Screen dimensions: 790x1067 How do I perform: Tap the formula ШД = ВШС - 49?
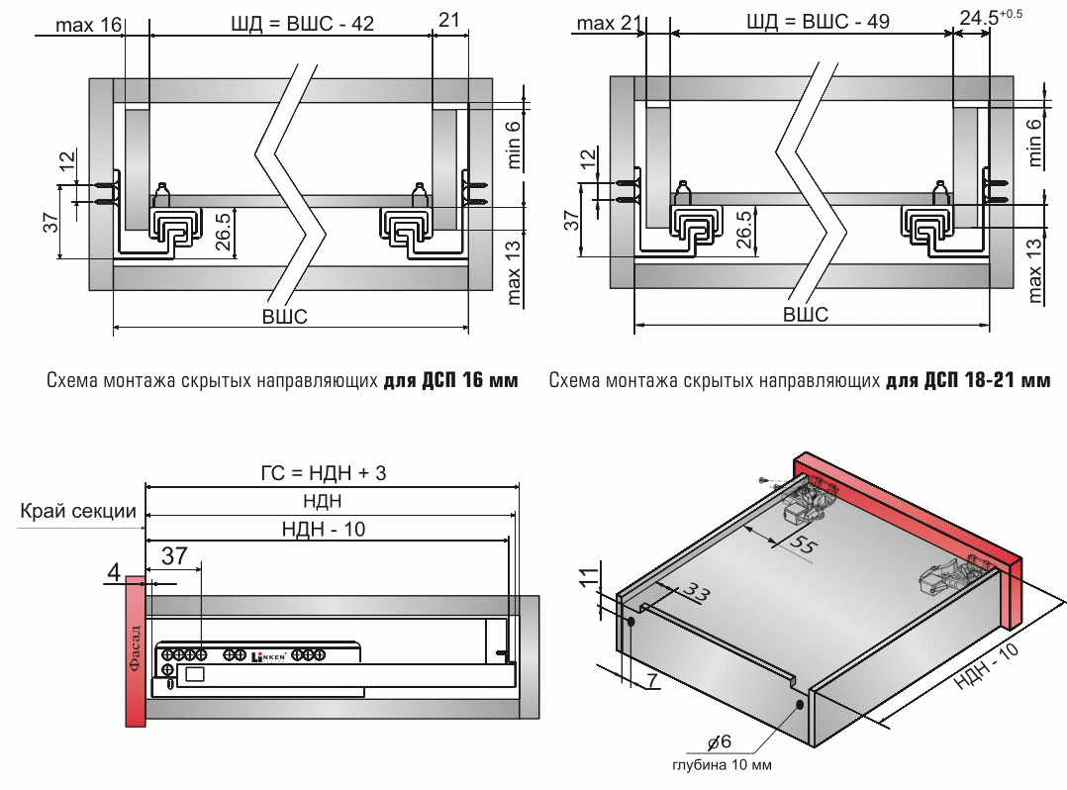click(814, 22)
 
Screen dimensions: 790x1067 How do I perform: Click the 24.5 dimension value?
click(980, 17)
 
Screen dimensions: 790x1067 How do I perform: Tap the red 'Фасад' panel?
click(136, 652)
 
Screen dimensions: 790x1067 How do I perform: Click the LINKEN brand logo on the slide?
click(269, 655)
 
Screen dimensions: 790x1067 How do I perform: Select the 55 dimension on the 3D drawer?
click(807, 546)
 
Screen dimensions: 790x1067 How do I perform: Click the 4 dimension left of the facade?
click(113, 571)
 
